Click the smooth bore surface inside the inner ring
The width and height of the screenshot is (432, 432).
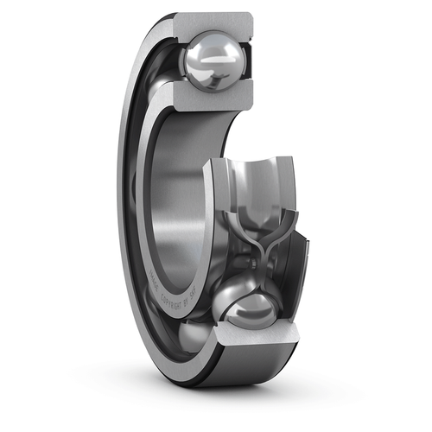click(177, 190)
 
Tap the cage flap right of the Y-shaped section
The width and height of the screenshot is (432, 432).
click(289, 259)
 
